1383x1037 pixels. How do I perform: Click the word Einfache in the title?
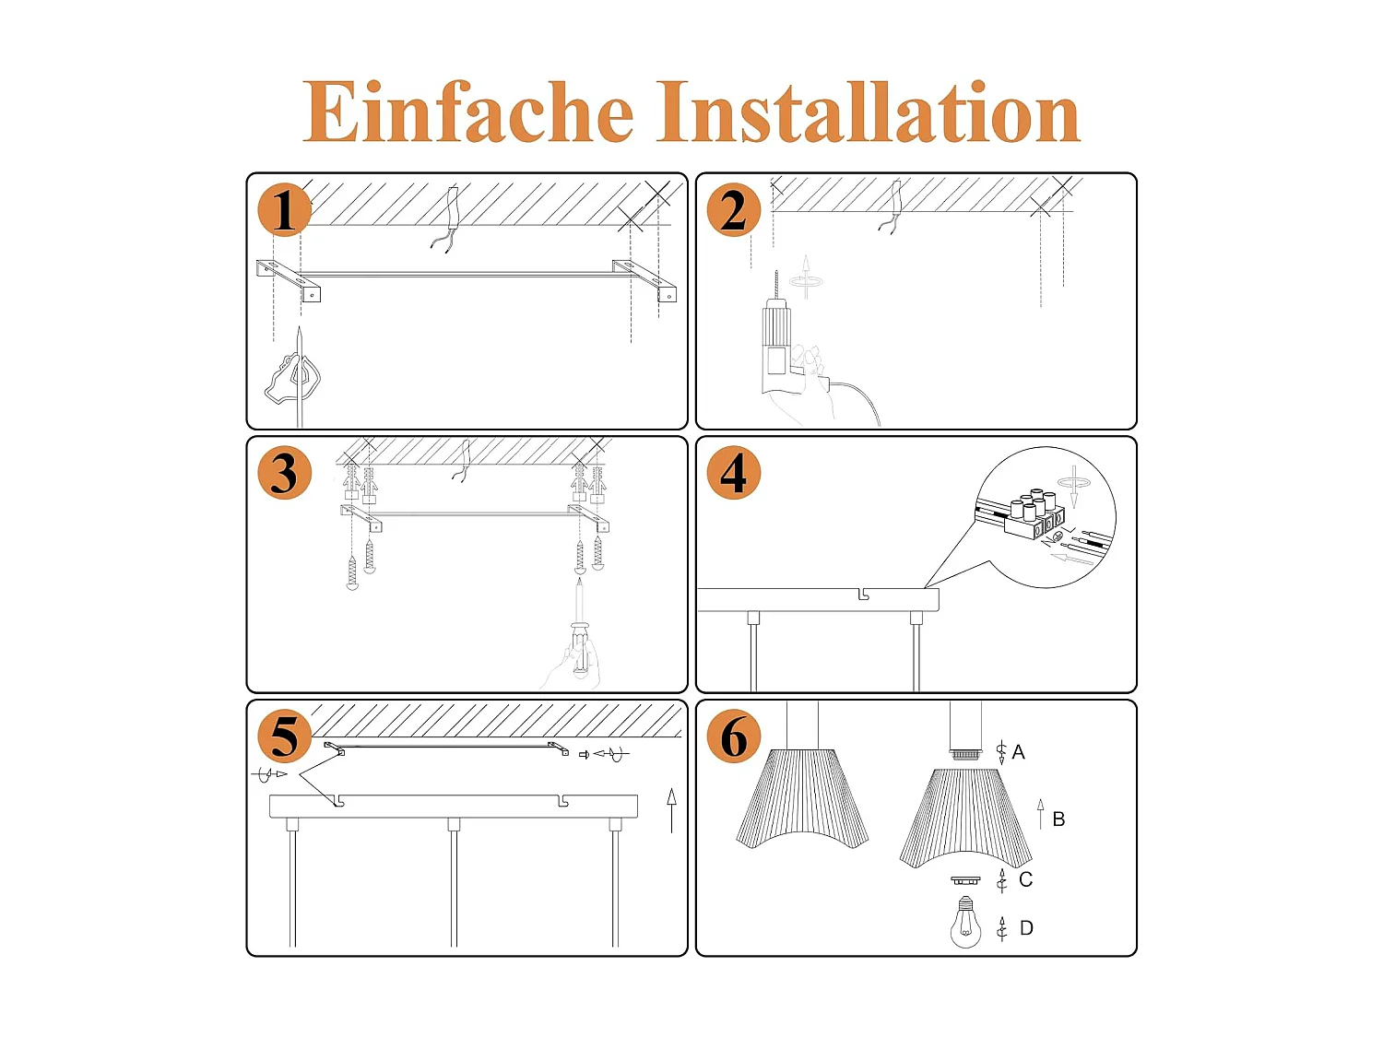pyautogui.click(x=467, y=112)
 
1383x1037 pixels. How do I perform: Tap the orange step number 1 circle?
pyautogui.click(x=284, y=210)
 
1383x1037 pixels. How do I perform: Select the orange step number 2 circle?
pyautogui.click(x=733, y=210)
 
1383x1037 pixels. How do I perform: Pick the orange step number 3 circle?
pyautogui.click(x=284, y=473)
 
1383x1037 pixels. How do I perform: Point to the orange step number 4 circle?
pyautogui.click(x=733, y=473)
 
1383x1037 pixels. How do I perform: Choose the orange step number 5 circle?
pyautogui.click(x=284, y=736)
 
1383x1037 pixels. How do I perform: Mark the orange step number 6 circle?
pyautogui.click(x=733, y=736)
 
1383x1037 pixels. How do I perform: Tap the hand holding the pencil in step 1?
pyautogui.click(x=293, y=378)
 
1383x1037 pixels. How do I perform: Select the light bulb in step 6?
pyautogui.click(x=965, y=925)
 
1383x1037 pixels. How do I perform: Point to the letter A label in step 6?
pyautogui.click(x=1018, y=752)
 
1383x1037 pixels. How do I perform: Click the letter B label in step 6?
pyautogui.click(x=1058, y=819)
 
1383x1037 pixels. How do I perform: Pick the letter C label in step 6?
pyautogui.click(x=1025, y=879)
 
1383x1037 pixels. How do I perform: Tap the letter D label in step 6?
pyautogui.click(x=1026, y=928)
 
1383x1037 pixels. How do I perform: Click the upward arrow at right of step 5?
pyautogui.click(x=671, y=809)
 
